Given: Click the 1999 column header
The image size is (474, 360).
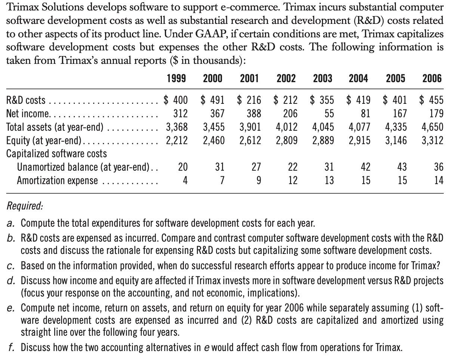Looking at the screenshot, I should [176, 78].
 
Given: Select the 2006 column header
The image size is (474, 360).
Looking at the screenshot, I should [432, 78].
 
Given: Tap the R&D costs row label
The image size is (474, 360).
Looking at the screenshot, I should [26, 100].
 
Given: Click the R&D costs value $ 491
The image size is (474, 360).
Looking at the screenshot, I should [213, 100].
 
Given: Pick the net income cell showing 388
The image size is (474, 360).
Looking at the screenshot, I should [254, 114].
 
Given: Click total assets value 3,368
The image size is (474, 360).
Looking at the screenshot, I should [177, 127].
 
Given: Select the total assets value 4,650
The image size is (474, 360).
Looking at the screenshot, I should [433, 127].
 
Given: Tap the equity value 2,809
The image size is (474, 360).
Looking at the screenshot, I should [287, 140].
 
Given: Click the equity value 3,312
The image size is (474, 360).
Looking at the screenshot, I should [433, 140].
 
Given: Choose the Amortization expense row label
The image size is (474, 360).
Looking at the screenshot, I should [57, 181].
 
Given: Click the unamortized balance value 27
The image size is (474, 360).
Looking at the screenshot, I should [256, 167].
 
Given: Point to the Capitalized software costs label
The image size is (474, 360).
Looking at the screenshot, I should [56, 153].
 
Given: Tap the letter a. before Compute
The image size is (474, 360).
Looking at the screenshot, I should [11, 224].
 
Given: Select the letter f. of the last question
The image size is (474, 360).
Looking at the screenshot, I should [11, 348].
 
